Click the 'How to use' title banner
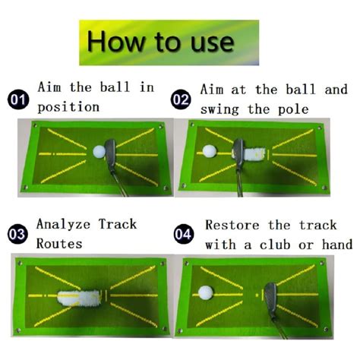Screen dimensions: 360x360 tap(169, 43)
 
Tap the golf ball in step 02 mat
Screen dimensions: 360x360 tap(208, 152)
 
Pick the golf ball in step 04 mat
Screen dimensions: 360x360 tap(204, 292)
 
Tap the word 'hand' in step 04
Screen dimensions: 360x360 tap(335, 245)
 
